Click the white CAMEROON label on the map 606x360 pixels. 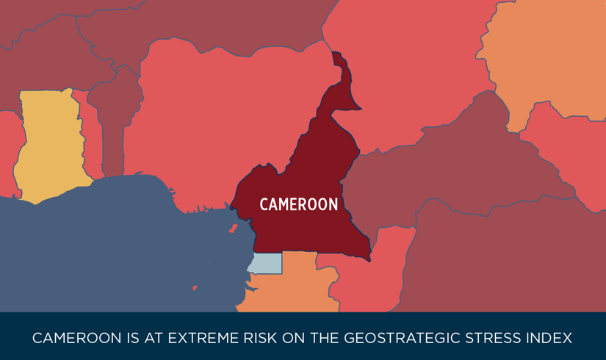click(x=299, y=204)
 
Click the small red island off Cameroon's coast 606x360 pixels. click(x=234, y=228)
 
